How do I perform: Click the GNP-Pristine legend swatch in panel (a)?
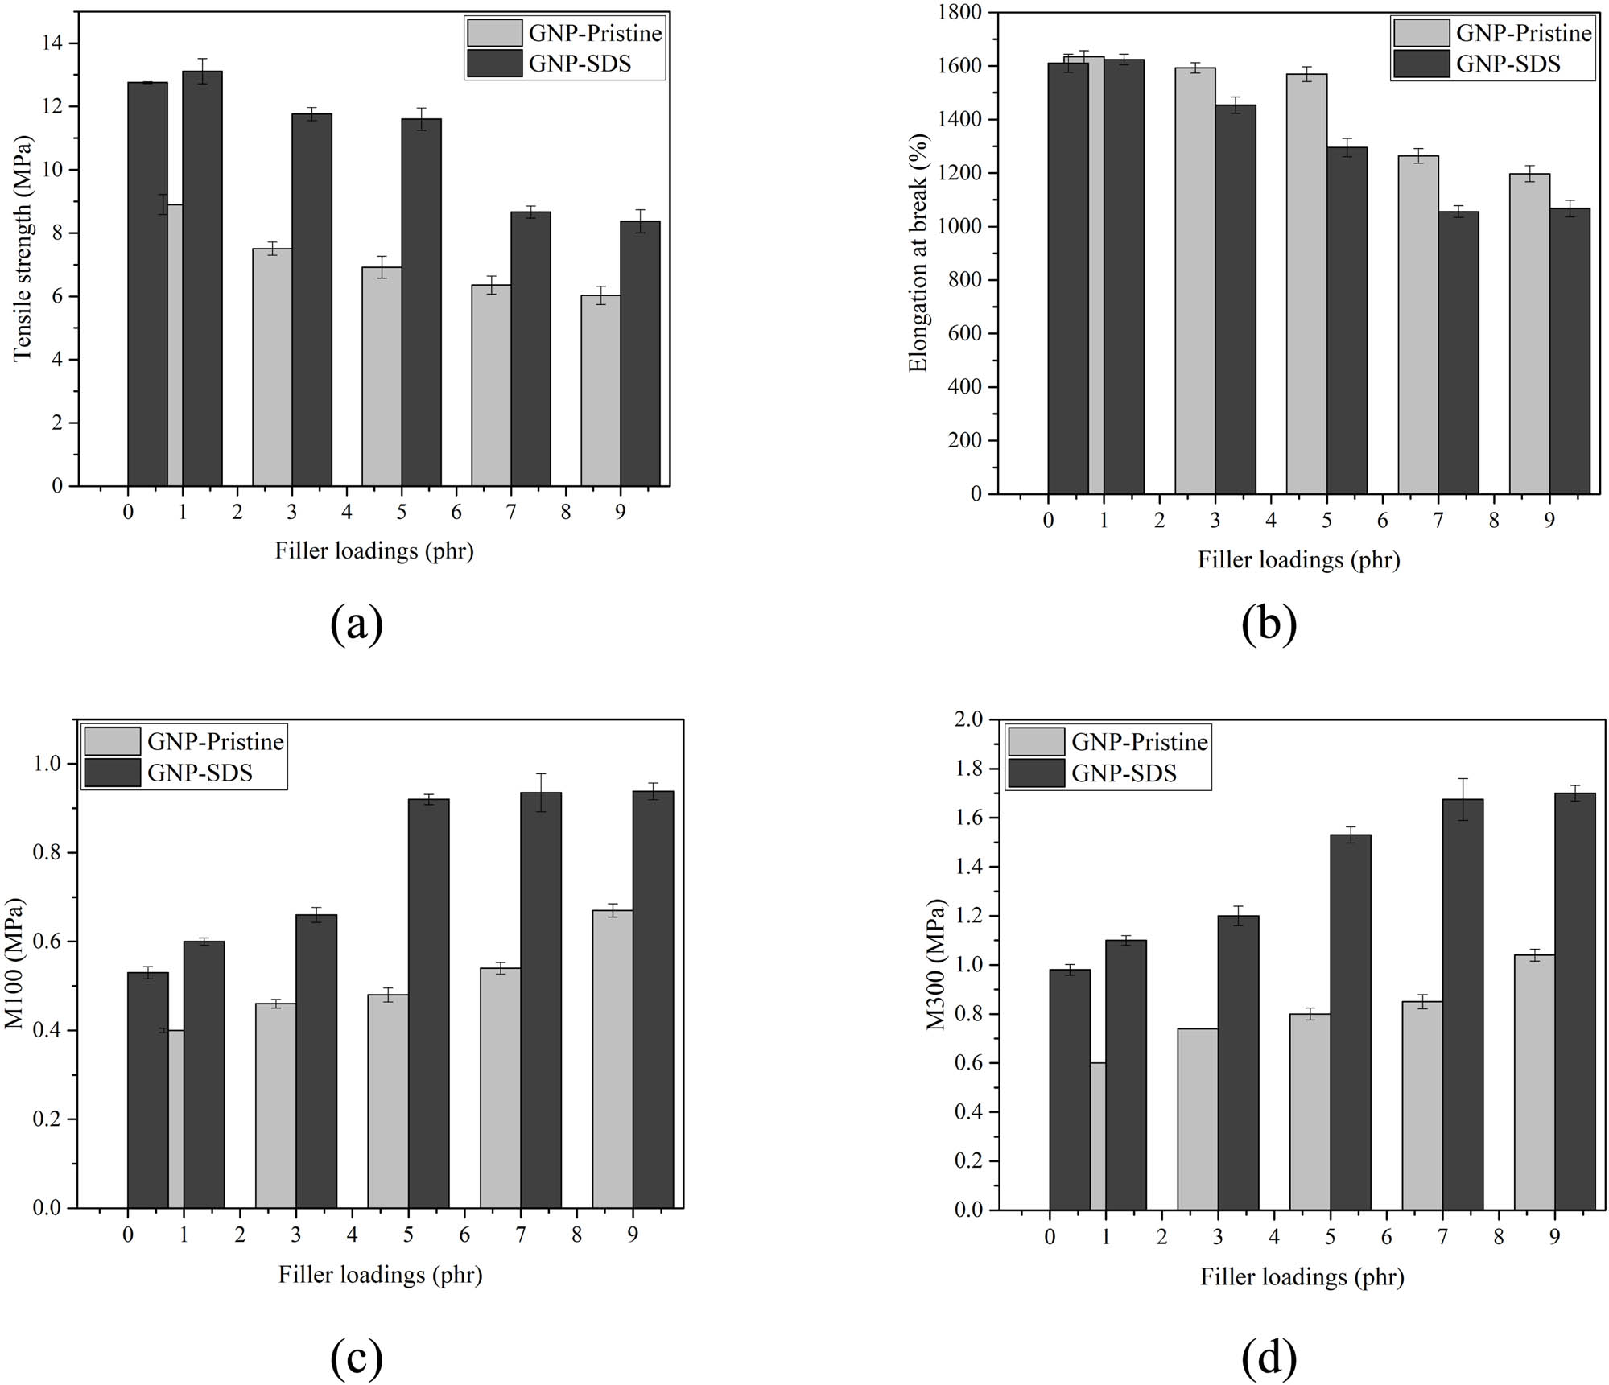coord(495,33)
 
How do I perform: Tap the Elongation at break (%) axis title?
coord(918,252)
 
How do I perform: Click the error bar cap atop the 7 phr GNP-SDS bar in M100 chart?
coord(541,774)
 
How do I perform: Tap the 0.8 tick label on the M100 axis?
coord(47,853)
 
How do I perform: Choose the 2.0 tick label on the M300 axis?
coord(969,719)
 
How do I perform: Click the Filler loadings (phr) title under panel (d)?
coord(1302,1277)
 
